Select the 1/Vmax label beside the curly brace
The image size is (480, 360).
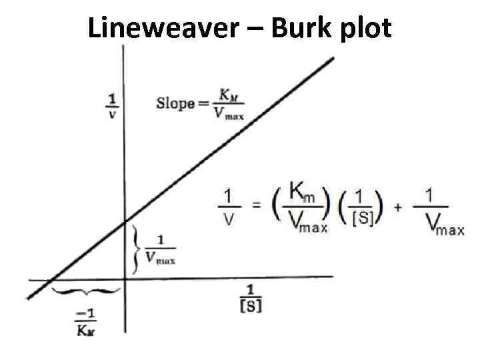160,249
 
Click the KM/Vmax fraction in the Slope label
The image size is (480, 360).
228,105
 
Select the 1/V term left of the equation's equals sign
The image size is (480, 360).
228,207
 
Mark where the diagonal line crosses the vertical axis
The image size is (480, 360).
125,222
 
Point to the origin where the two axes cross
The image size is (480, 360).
125,277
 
